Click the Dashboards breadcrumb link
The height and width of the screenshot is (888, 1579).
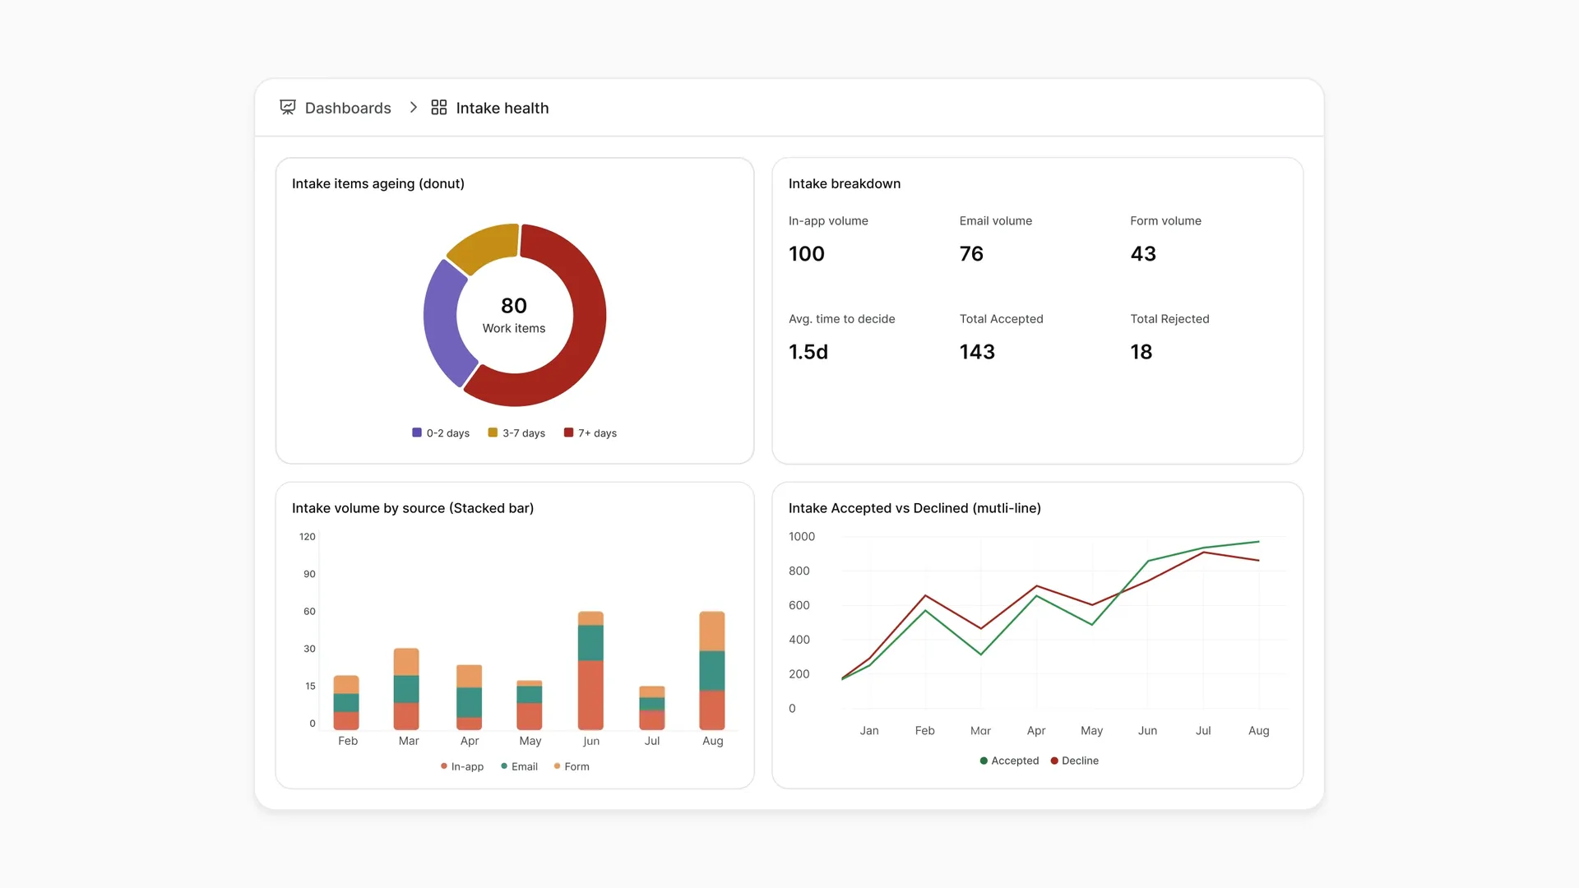click(347, 108)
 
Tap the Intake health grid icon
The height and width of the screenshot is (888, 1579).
click(439, 108)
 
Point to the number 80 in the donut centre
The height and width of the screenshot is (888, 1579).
click(514, 306)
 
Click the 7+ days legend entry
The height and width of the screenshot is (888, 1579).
click(590, 433)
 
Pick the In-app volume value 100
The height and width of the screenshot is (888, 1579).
click(807, 254)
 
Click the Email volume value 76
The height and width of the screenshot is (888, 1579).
click(971, 254)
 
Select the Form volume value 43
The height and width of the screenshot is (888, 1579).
click(1143, 254)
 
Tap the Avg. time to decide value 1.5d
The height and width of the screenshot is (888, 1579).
click(808, 352)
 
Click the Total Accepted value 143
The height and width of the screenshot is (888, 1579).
click(977, 352)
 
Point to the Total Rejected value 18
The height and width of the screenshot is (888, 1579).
click(1141, 352)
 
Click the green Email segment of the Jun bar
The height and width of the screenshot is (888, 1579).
click(590, 643)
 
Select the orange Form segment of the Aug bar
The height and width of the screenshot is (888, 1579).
click(712, 631)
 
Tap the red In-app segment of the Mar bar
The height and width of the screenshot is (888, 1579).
click(406, 716)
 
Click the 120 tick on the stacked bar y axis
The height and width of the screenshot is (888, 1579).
click(308, 537)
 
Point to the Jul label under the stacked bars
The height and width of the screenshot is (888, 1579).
click(652, 741)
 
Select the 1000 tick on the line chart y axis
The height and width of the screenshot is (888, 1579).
click(802, 537)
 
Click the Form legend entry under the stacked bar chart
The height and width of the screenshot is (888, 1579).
click(572, 766)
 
